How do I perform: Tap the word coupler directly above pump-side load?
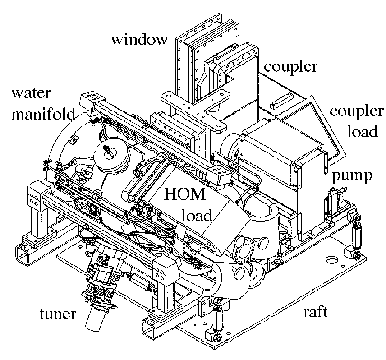point(357,111)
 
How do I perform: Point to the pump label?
point(353,175)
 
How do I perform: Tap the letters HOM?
point(185,195)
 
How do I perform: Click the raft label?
point(316,312)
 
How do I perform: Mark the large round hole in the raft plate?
point(332,260)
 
